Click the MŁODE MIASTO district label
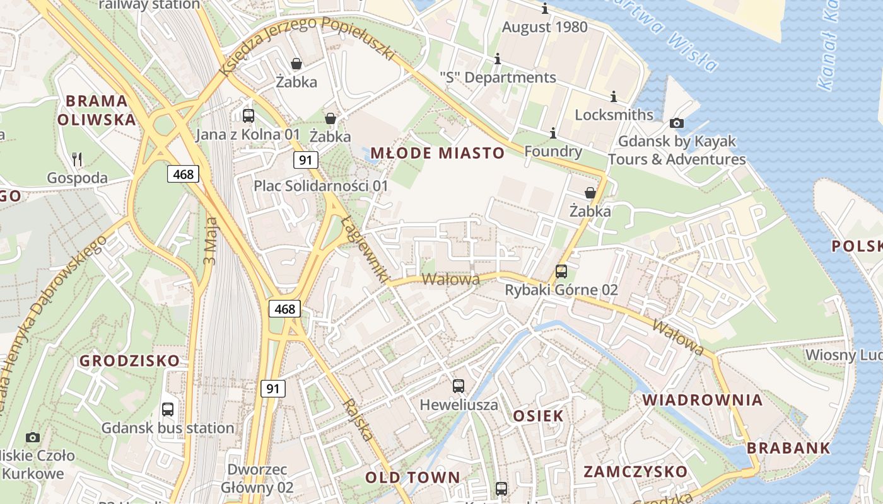[x=437, y=153]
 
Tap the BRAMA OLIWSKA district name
[x=96, y=110]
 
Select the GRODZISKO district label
[x=129, y=361]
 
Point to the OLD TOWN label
[x=413, y=478]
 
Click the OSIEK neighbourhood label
[x=538, y=416]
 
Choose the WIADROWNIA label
[x=703, y=400]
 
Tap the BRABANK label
[x=788, y=449]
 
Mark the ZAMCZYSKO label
[x=635, y=472]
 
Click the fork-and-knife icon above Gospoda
[x=77, y=159]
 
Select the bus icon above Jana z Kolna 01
[x=249, y=115]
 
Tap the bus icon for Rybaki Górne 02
[x=561, y=272]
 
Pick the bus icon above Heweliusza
[x=459, y=386]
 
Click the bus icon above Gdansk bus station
[x=168, y=409]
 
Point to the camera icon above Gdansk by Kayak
[x=677, y=123]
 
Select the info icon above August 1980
[x=545, y=9]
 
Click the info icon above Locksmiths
[x=614, y=96]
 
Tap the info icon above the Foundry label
[x=553, y=133]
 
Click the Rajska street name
[x=358, y=420]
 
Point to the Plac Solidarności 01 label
[x=321, y=186]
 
